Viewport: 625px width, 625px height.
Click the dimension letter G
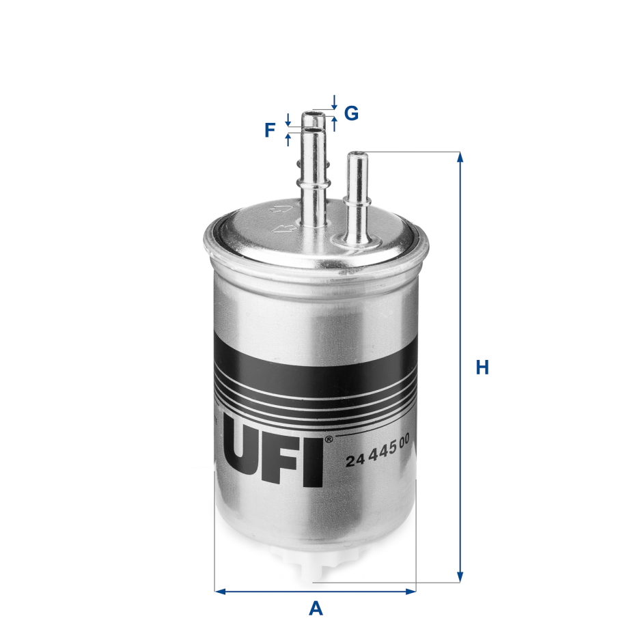pos(351,113)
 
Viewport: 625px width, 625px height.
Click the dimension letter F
pos(270,130)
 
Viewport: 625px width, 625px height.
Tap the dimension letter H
pos(482,367)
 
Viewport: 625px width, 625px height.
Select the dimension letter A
pos(315,607)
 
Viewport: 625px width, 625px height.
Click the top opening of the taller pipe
pos(314,113)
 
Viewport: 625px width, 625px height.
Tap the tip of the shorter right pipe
pos(356,154)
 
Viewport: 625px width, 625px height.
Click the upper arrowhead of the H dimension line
pos(460,157)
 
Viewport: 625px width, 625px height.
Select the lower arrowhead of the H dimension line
pos(460,577)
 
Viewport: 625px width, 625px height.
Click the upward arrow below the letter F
pos(288,139)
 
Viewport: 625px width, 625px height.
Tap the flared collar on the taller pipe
pos(314,183)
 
